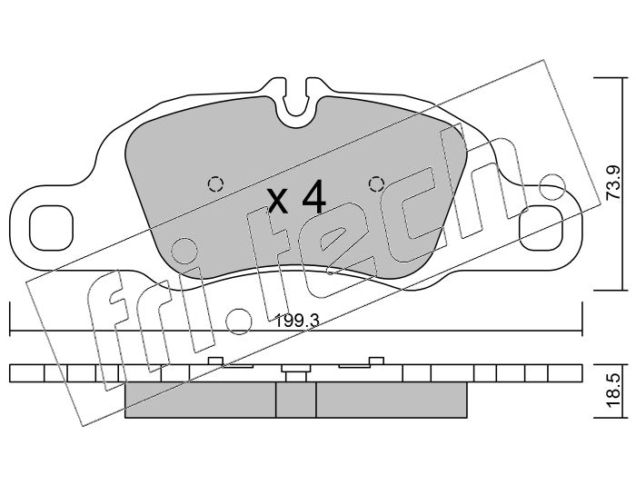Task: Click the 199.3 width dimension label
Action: tap(297, 322)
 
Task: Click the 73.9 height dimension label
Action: tap(612, 183)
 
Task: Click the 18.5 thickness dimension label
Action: tap(612, 391)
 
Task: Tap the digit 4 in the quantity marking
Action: tap(314, 196)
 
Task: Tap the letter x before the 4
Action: tap(278, 202)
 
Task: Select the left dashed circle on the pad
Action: tap(215, 184)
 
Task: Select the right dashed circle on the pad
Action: tap(376, 184)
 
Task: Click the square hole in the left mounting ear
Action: tap(51, 228)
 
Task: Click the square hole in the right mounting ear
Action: tap(542, 228)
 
